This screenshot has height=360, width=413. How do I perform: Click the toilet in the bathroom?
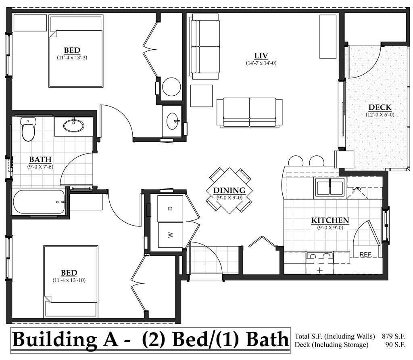coord(28,130)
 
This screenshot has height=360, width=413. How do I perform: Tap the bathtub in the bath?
coord(39,202)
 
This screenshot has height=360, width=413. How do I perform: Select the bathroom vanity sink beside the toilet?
coord(74,125)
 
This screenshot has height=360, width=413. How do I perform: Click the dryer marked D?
coord(170,208)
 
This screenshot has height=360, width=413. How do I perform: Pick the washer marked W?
coord(170,234)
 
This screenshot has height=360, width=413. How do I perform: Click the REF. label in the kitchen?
coord(365,254)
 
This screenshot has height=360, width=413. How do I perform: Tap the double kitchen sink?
coord(330,187)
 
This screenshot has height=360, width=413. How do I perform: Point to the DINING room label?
coord(229,190)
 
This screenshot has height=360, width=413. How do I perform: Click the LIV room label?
coord(261,56)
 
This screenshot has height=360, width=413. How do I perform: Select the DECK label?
coord(380,107)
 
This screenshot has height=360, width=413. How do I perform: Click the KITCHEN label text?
coord(330,220)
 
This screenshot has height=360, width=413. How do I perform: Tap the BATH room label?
coord(40,159)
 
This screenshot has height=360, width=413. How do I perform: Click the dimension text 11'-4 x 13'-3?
coord(72,58)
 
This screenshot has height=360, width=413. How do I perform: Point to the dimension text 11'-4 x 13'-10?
coord(69,280)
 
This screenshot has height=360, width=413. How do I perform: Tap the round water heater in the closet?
coord(171,87)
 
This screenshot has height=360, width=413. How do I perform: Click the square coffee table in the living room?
coord(201,96)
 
